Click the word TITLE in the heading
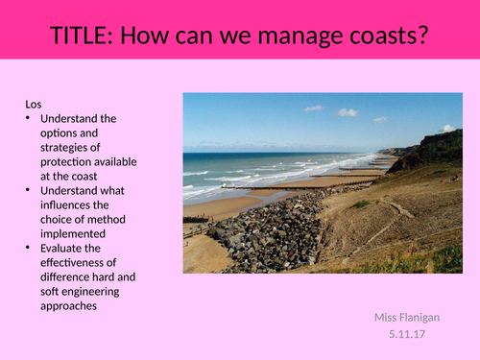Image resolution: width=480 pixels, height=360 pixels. point(81,37)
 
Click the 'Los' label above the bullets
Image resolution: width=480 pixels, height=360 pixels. point(34,104)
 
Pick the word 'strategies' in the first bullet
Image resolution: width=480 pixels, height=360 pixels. point(67,147)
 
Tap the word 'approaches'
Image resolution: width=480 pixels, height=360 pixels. point(71,305)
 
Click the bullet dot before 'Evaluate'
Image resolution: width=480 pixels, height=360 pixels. point(30,248)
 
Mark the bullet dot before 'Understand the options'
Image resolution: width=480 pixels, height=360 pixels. point(30,118)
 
